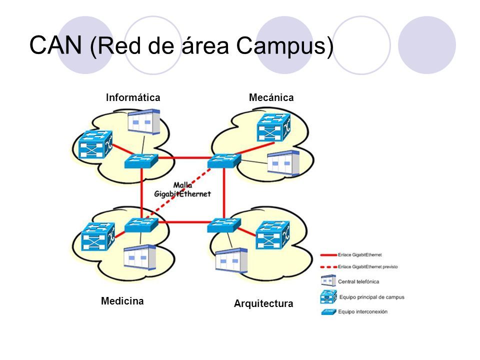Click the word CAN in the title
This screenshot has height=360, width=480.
coord(56,45)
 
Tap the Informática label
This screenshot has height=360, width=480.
coord(133,98)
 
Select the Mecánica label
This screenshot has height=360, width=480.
coord(271,98)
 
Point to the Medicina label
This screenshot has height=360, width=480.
coord(122,301)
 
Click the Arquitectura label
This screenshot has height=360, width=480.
coord(263,303)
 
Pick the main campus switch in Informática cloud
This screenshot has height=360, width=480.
coord(94,144)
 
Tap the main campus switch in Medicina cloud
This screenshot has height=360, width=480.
coord(98,236)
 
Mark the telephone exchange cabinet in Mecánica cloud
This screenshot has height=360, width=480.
coord(283,163)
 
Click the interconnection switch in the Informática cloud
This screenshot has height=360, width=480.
coord(141,160)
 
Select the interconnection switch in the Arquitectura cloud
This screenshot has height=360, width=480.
coord(224,225)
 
